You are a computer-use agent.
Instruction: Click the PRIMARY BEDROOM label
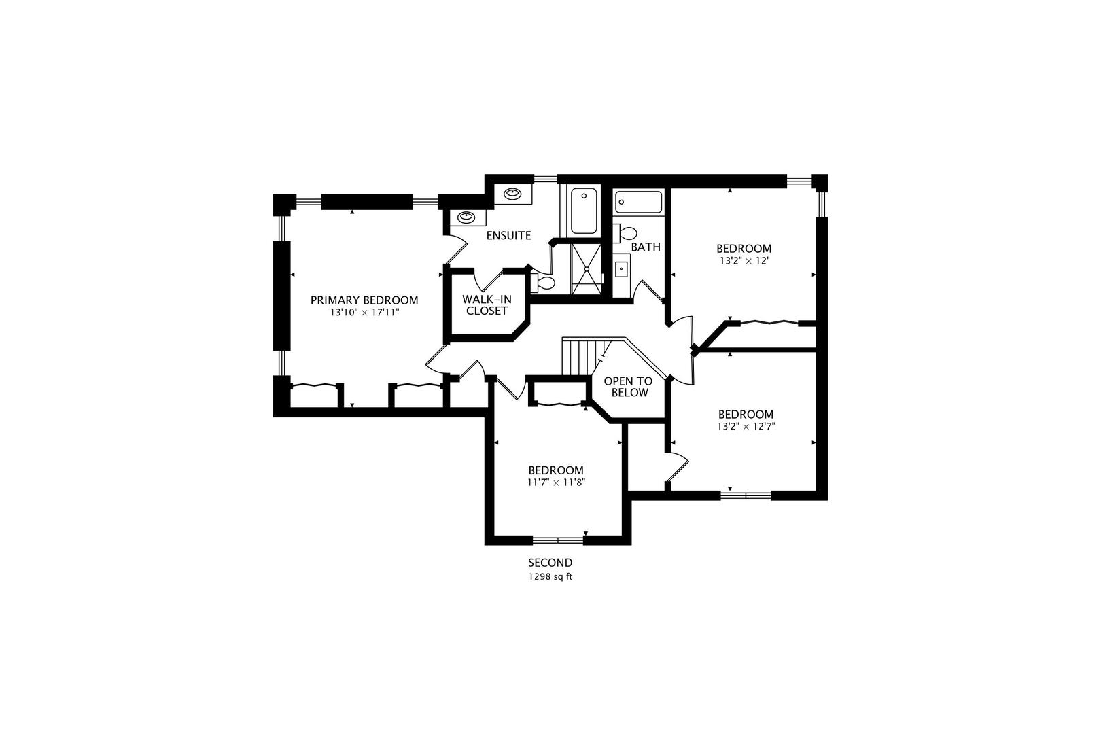364,300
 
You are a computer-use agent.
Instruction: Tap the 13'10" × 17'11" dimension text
364,313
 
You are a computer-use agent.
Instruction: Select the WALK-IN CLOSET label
487,305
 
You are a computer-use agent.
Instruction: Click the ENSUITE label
508,236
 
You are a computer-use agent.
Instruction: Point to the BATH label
645,247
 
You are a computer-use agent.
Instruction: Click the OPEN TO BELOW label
628,387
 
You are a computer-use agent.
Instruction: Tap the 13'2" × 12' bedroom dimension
744,260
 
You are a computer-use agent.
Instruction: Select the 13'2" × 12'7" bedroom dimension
746,427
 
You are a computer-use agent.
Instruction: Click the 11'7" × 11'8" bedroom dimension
556,483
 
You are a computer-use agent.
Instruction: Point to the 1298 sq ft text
550,576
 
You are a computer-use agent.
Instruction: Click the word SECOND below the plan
550,563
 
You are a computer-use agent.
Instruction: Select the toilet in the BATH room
625,232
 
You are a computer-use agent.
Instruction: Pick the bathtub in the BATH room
638,202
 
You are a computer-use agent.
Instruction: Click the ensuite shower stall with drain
586,269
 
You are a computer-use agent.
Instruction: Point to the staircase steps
578,357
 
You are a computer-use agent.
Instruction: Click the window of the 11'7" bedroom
558,540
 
